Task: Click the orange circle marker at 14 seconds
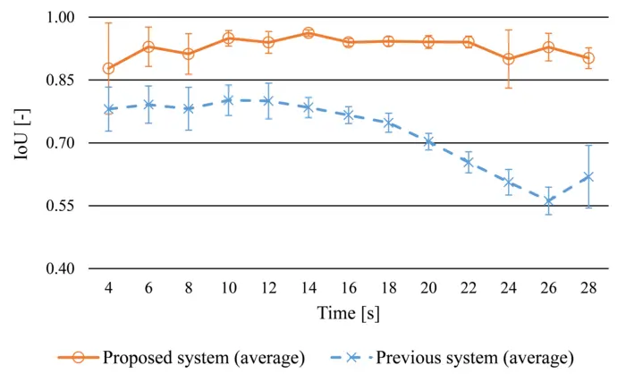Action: (309, 33)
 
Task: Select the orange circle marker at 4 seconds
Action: (109, 69)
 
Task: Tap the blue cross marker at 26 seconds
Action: (548, 201)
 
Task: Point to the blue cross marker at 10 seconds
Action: (228, 100)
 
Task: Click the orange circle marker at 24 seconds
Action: (509, 59)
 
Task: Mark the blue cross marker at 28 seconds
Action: (588, 177)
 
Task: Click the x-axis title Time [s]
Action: (349, 313)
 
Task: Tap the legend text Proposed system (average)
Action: (204, 358)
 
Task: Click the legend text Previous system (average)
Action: (475, 358)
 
